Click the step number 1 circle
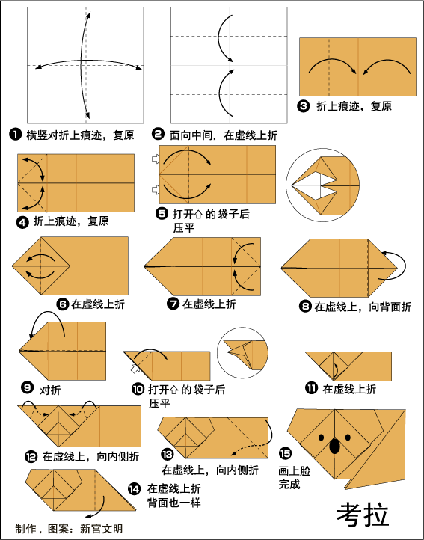(15, 135)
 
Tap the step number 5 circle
(162, 214)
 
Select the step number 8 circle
(305, 306)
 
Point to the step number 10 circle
(138, 390)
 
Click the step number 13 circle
(168, 454)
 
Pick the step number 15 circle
(285, 453)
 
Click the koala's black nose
(334, 446)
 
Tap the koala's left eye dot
(322, 438)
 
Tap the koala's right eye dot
(348, 438)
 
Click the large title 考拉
(363, 515)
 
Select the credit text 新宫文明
(101, 528)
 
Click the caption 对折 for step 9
(50, 390)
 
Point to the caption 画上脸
(295, 470)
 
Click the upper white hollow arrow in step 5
(156, 159)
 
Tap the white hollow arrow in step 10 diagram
(135, 369)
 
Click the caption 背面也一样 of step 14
(174, 503)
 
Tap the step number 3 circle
(303, 105)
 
